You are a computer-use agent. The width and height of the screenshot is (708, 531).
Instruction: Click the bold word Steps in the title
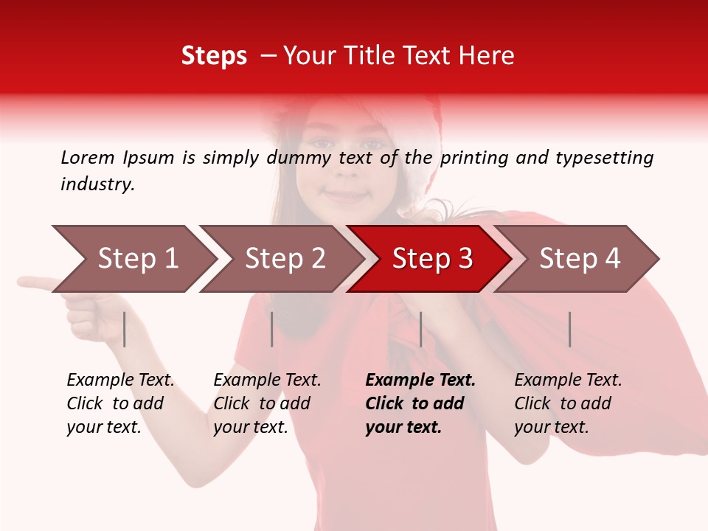coord(214,56)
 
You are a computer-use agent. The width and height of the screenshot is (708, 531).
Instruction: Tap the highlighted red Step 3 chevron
coord(431,259)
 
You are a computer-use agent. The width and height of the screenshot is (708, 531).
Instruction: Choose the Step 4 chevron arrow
coord(579,259)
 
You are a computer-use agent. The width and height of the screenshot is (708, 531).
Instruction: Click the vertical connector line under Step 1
coord(125,329)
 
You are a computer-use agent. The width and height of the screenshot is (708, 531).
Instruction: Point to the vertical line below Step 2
coord(272,329)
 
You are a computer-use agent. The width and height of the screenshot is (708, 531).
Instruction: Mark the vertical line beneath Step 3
coord(420,329)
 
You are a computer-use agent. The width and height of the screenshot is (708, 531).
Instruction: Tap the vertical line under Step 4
coord(569,329)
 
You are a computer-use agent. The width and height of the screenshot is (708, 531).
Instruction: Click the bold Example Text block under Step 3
coord(420,403)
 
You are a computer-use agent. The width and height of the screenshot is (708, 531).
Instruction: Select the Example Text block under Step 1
coord(120,403)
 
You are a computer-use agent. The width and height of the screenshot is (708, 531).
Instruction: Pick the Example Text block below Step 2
coord(267,403)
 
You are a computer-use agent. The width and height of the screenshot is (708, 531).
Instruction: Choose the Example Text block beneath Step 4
coord(568,403)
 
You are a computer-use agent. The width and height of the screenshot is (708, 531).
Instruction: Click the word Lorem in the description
coord(88,157)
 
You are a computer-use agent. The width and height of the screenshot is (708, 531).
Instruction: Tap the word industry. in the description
coord(97,184)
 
